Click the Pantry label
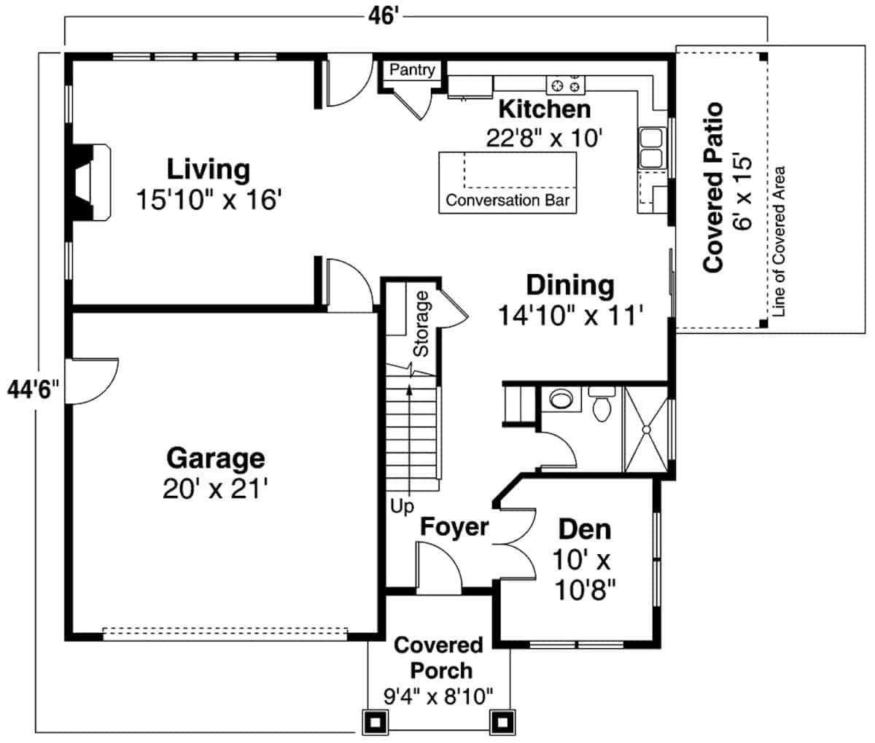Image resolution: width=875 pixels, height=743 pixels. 412,70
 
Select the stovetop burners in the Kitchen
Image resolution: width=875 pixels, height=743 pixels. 567,85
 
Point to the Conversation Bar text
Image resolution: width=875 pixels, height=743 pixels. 507,201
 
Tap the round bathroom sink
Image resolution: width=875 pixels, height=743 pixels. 560,400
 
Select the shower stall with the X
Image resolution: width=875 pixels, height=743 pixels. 645,430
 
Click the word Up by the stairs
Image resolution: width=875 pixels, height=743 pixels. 401,505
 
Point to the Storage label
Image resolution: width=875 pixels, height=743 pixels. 421,323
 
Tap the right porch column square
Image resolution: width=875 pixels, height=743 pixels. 502,722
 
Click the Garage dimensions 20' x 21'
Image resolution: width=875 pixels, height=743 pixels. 215,487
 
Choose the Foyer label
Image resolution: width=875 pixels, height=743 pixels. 454,526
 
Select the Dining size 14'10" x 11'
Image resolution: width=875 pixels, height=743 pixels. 569,315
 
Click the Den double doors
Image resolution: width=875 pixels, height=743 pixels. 516,543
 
